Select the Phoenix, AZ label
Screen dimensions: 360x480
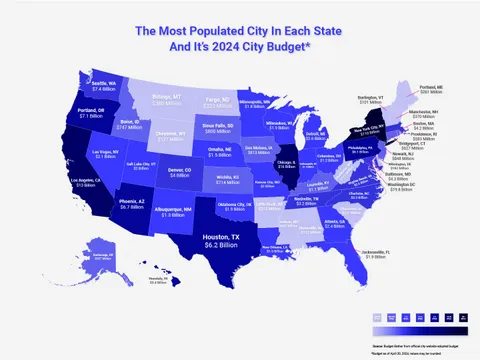click(x=133, y=203)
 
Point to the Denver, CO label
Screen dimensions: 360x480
click(x=179, y=172)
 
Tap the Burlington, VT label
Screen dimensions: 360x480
click(x=370, y=99)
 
